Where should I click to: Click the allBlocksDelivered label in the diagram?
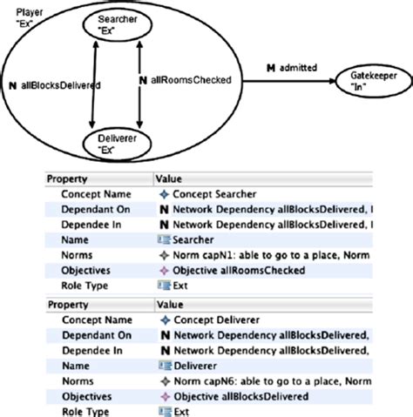point(53,85)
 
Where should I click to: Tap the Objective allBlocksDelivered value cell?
point(238,395)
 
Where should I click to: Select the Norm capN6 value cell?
point(261,380)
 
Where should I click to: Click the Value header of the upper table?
point(168,178)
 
